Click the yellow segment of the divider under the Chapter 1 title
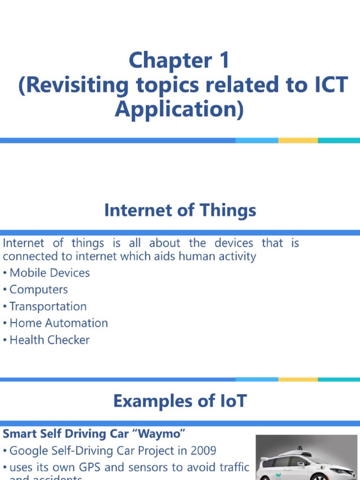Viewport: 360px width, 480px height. click(298, 140)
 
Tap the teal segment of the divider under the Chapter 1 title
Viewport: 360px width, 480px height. click(338, 140)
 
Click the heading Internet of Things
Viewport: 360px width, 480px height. click(180, 210)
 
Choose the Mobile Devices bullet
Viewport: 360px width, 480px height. click(49, 273)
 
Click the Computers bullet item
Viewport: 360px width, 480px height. click(38, 290)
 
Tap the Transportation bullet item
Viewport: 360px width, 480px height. click(48, 307)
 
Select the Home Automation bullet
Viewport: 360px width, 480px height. click(59, 323)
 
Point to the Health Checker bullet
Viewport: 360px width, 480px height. click(49, 340)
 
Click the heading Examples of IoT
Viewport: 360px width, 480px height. click(180, 402)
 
